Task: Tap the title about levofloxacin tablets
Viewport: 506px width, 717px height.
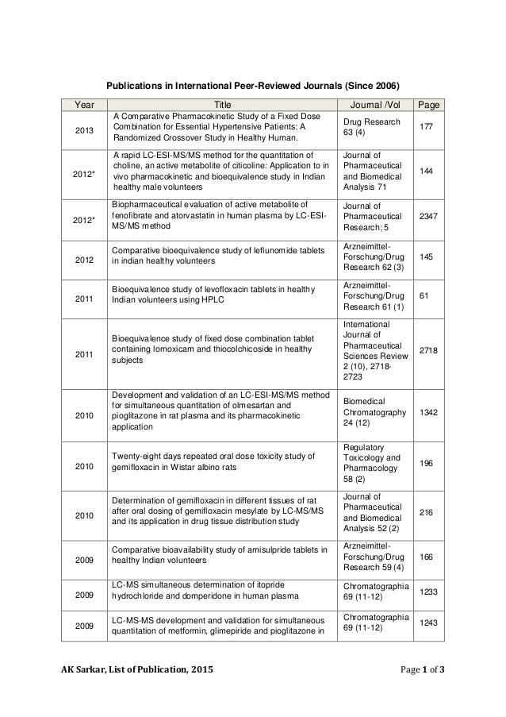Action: (213, 293)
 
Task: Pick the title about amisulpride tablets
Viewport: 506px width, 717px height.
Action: (219, 555)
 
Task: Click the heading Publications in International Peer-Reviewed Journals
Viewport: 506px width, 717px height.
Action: (254, 85)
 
